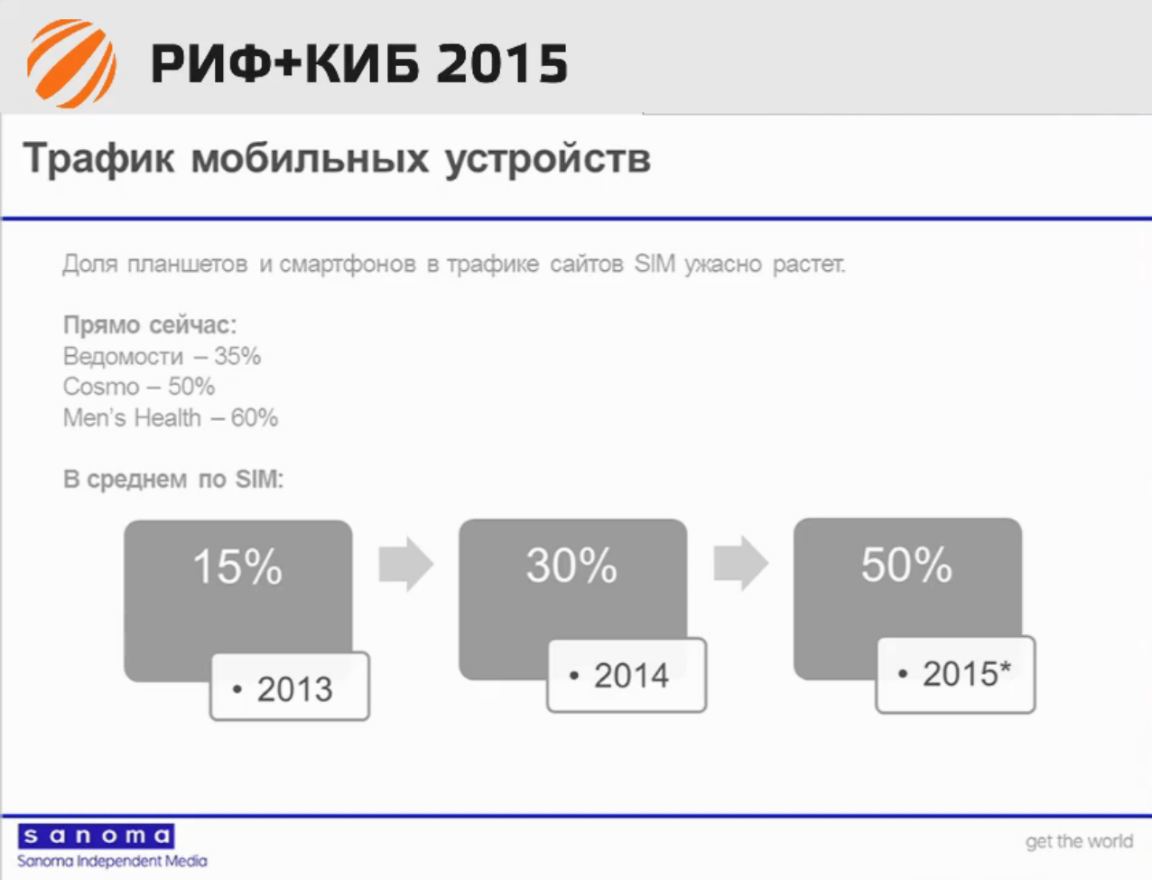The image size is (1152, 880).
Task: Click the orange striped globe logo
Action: point(71,63)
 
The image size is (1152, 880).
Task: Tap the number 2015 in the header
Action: point(502,64)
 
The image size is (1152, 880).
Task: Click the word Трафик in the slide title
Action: point(98,159)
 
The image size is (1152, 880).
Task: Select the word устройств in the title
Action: point(547,159)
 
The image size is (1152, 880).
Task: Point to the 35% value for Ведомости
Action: point(237,356)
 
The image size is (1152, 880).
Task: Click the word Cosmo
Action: point(100,387)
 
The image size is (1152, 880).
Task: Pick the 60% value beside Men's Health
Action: point(254,417)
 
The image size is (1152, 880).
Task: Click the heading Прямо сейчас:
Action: point(150,324)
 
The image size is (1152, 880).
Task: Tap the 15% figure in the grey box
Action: point(237,567)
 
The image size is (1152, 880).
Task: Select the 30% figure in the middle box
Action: point(571,566)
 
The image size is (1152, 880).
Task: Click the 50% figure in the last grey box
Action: point(906,565)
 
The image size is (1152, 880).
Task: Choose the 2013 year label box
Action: point(290,687)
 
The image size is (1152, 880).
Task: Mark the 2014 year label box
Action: point(627,675)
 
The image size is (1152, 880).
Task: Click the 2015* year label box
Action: point(955,674)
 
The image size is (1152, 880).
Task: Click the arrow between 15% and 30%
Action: point(405,565)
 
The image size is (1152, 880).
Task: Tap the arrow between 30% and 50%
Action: point(740,563)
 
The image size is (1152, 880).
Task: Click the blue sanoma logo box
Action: point(96,836)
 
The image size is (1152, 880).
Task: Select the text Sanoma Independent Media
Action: point(112,861)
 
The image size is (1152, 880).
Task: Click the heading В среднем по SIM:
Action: point(173,479)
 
